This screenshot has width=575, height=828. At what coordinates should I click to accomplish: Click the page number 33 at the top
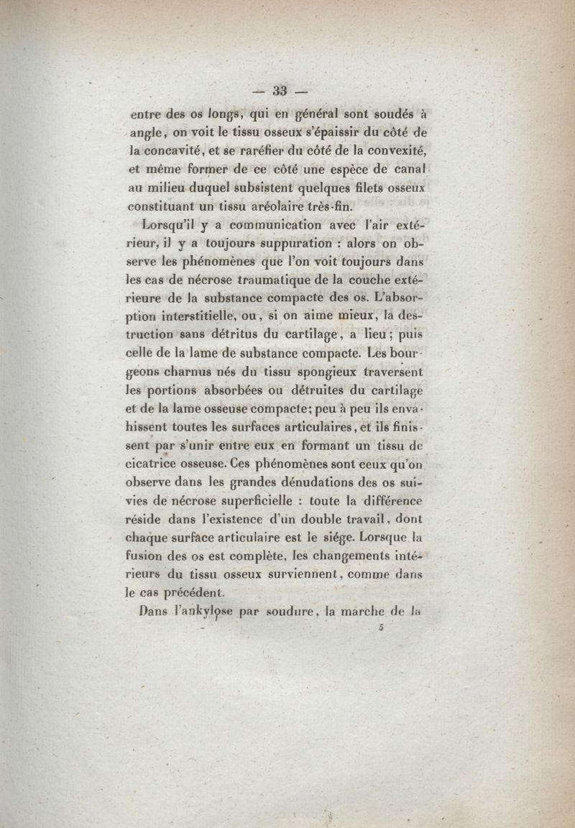pyautogui.click(x=280, y=91)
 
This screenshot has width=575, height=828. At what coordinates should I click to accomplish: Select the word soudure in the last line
pyautogui.click(x=287, y=613)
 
